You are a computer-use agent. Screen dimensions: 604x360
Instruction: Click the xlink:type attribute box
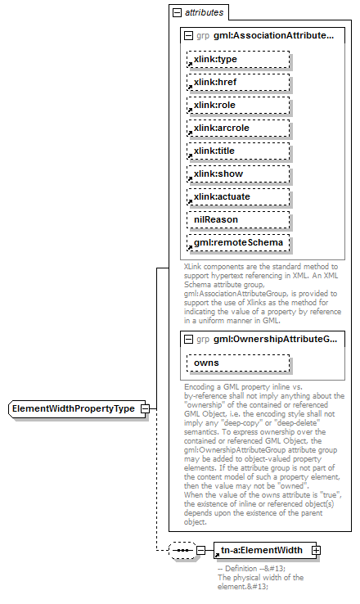pos(237,60)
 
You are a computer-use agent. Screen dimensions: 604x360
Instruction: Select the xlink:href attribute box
pos(237,83)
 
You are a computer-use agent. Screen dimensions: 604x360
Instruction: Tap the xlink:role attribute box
pos(237,106)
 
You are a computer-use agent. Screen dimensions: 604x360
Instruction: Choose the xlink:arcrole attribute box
pos(237,128)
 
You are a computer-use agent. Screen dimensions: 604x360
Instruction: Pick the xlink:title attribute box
pos(237,151)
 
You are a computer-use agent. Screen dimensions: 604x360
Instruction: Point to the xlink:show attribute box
pos(237,174)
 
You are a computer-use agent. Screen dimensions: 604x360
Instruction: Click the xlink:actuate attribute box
pos(237,197)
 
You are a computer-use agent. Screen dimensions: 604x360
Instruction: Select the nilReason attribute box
pos(237,220)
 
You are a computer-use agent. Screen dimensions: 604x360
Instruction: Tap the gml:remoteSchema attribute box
pos(237,243)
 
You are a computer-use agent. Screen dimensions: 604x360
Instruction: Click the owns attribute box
pos(237,363)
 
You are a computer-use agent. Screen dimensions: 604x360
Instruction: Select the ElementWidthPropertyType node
pos(74,408)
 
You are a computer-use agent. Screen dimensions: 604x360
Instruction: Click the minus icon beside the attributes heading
pos(176,13)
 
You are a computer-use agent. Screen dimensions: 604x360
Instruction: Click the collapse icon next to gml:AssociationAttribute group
pos(189,36)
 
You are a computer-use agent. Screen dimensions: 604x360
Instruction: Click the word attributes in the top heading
pos(204,13)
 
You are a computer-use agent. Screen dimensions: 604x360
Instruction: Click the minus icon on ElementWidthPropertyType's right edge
pos(144,408)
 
